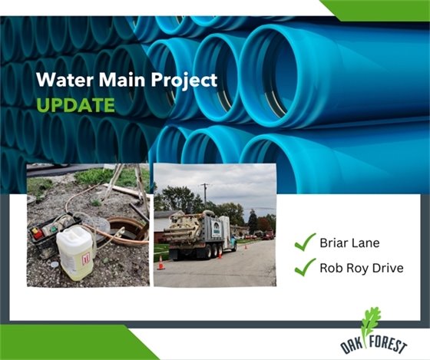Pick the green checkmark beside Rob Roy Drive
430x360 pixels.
coord(306,267)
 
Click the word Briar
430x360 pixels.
coord(336,244)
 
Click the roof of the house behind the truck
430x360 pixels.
coord(164,215)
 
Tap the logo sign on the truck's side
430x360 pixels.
coord(218,227)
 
